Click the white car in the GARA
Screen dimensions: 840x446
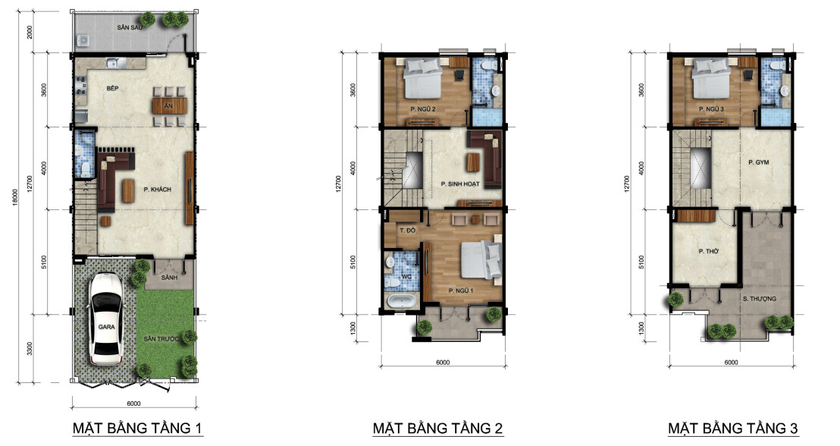[x=106, y=319]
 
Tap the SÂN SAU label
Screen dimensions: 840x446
[x=130, y=27]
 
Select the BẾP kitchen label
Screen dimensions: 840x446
[x=112, y=88]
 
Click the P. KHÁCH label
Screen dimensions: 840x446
[x=158, y=189]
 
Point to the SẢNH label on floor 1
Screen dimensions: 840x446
[x=169, y=278]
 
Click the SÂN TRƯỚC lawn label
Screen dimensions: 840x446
[x=161, y=339]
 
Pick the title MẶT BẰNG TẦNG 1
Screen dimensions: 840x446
[x=138, y=429]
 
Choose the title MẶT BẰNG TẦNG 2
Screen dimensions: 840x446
[x=437, y=429]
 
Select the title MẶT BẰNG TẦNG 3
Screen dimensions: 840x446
[x=733, y=429]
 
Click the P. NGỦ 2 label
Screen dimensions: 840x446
[x=423, y=109]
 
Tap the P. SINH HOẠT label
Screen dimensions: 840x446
[x=459, y=184]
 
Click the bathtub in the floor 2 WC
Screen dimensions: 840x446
[x=402, y=301]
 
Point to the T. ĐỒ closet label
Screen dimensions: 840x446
[x=407, y=230]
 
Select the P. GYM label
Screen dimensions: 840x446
[x=759, y=162]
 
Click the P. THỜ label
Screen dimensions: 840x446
[x=708, y=251]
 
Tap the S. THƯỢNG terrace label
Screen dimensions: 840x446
[x=759, y=299]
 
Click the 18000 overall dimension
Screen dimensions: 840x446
[x=15, y=196]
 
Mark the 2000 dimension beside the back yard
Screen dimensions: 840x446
[x=30, y=32]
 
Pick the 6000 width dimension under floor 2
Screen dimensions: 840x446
[x=443, y=363]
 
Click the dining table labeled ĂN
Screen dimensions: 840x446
[x=169, y=106]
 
